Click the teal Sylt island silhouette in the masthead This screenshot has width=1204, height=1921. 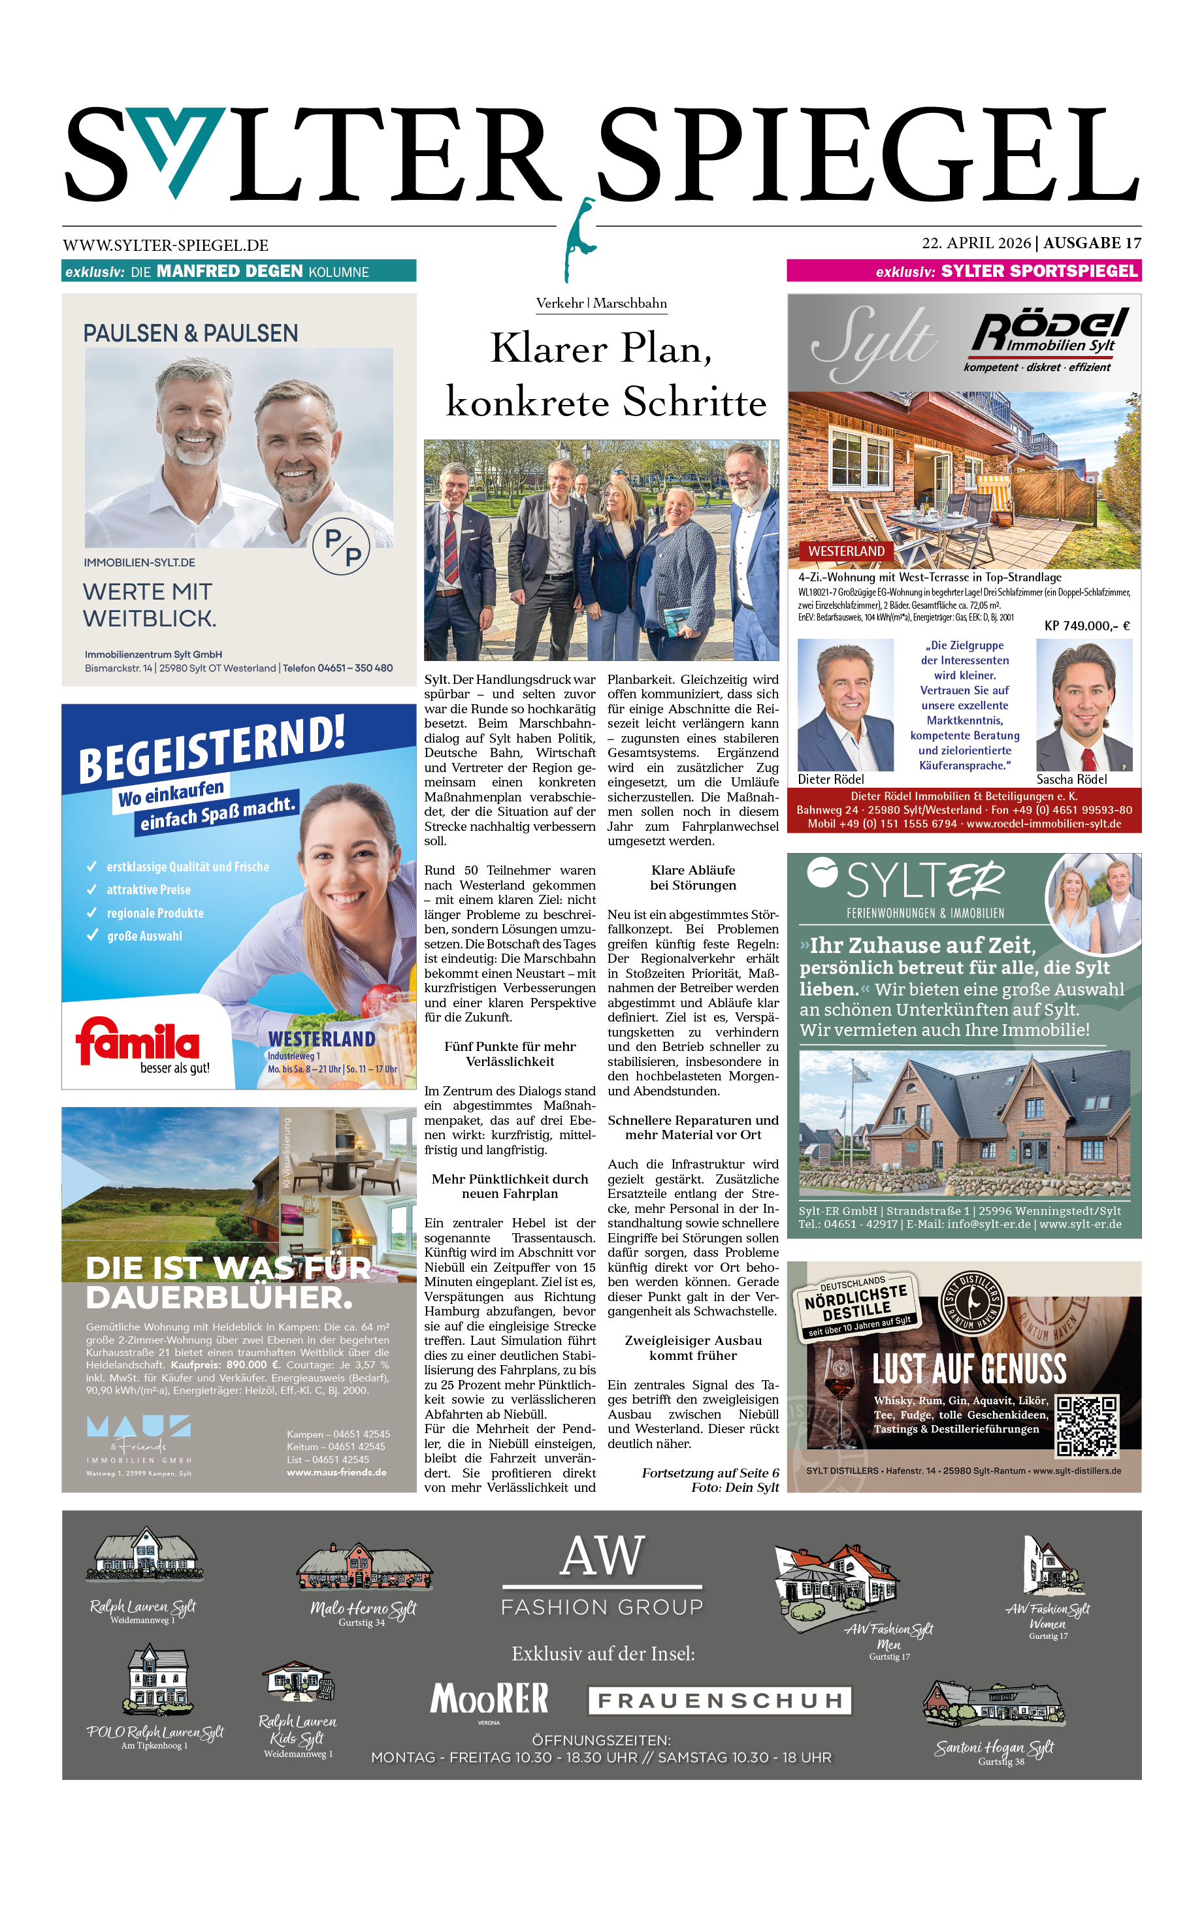[579, 239]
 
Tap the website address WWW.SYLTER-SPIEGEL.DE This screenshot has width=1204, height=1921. [166, 245]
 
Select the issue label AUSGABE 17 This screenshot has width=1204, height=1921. [1092, 243]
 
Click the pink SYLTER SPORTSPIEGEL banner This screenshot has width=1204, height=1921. [964, 270]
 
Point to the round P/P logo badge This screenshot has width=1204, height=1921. [341, 545]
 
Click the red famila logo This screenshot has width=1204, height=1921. [138, 1041]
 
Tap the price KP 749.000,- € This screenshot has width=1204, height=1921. [1086, 626]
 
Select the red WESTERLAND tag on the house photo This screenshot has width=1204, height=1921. [845, 551]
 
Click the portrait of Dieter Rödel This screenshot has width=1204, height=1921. [845, 705]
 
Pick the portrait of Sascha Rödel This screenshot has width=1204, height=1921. [1084, 705]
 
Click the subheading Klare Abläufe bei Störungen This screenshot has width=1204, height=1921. [692, 877]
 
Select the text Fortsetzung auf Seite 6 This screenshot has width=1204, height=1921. [710, 1473]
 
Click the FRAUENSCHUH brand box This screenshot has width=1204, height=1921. [720, 1700]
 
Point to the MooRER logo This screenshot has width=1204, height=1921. [489, 1698]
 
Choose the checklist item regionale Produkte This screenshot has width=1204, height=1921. [155, 913]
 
